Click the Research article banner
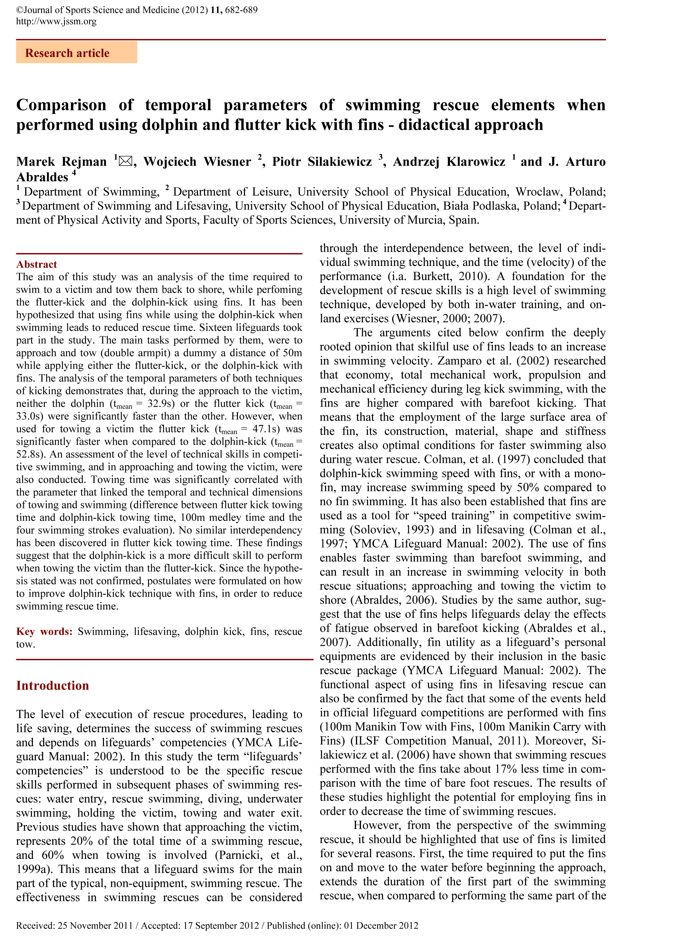(76, 53)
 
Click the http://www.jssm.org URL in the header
(56, 21)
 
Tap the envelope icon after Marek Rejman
(125, 161)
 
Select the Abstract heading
(37, 264)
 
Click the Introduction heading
(52, 685)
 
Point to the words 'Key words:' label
(44, 631)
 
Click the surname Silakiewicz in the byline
(340, 161)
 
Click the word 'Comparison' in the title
(61, 105)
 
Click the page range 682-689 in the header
(241, 10)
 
